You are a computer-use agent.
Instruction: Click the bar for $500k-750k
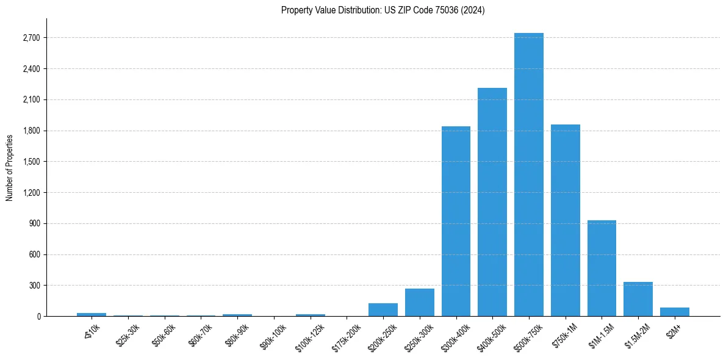point(528,175)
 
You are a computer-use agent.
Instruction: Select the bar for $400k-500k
point(492,202)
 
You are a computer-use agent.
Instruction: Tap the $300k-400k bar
point(456,221)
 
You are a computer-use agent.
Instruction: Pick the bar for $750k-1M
point(565,220)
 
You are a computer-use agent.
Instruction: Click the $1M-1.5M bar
point(602,268)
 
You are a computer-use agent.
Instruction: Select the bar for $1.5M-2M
point(638,299)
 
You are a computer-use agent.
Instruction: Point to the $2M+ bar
point(674,312)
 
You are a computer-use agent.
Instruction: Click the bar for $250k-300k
point(420,302)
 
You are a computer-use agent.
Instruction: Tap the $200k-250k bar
point(383,309)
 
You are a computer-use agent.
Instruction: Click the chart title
point(383,10)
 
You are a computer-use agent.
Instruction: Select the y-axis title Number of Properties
point(10,167)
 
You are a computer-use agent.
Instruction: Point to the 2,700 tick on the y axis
point(31,38)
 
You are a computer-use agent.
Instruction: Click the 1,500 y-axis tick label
point(31,162)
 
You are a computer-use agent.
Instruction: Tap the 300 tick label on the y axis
point(34,286)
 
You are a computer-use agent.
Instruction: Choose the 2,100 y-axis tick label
point(31,99)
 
